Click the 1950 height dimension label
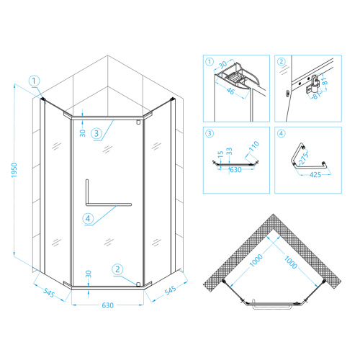click(14, 170)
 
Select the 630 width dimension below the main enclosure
click(107, 305)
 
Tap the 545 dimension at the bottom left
click(49, 292)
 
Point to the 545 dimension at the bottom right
click(170, 291)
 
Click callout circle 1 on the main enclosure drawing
click(34, 81)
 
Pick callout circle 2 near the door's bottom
click(117, 269)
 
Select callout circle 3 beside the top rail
click(96, 133)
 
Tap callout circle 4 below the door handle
click(88, 219)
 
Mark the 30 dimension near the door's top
click(82, 133)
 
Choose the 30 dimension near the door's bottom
click(89, 274)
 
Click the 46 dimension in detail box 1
click(230, 91)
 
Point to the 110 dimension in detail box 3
click(254, 146)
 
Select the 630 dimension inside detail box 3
click(235, 170)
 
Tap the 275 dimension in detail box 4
click(304, 158)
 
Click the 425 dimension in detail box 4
click(315, 175)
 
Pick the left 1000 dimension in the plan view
click(256, 261)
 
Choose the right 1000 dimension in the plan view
click(291, 262)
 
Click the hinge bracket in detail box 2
click(312, 84)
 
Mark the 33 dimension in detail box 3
click(229, 151)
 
